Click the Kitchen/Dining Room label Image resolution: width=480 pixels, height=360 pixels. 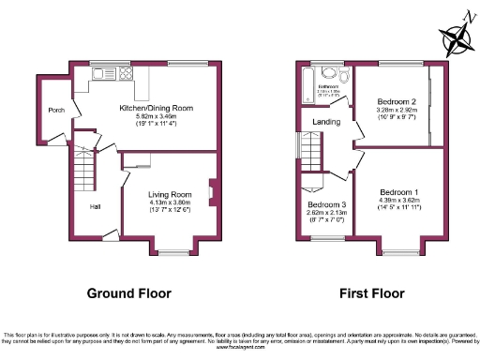pos(156,109)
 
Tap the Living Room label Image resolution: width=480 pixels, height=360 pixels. pos(170,194)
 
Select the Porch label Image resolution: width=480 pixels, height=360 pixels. pos(56,109)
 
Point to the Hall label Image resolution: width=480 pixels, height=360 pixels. pos(96,206)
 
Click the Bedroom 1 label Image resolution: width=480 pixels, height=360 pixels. pos(397,192)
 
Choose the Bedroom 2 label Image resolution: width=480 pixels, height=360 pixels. pos(396,100)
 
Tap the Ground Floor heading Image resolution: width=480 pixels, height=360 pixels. pos(129,293)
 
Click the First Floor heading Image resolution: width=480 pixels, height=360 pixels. pos(372,293)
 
